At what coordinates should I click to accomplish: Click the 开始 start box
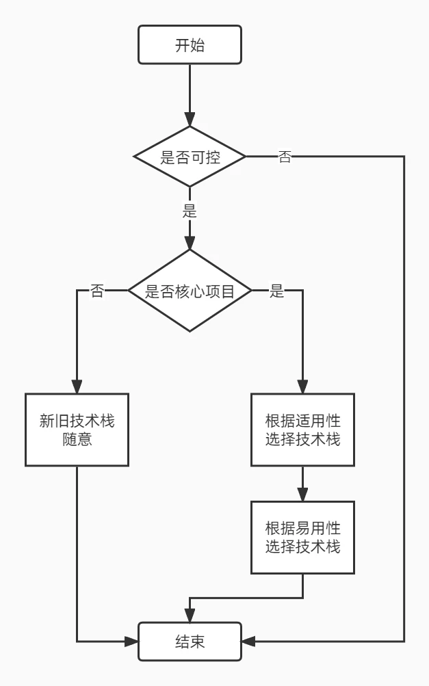click(190, 46)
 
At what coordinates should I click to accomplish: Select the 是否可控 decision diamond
click(190, 157)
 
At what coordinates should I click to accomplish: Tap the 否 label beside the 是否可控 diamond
click(284, 157)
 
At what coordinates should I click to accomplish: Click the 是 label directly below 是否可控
click(190, 211)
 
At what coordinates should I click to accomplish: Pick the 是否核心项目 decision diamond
click(190, 291)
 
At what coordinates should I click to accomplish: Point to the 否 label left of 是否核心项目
click(97, 291)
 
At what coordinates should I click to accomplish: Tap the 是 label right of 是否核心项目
click(276, 291)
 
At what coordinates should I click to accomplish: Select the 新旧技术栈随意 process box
click(77, 430)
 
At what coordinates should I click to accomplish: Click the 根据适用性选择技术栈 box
click(302, 430)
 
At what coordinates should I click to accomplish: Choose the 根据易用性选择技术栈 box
click(302, 538)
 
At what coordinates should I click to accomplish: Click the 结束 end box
click(190, 642)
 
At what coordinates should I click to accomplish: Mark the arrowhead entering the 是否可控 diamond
click(190, 120)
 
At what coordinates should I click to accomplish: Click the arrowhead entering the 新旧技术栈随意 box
click(77, 387)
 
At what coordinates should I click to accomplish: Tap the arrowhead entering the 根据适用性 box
click(302, 387)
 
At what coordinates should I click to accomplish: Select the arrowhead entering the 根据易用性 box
click(302, 495)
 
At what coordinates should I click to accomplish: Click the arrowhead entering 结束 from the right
click(248, 642)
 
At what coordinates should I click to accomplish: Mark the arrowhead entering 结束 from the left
click(132, 642)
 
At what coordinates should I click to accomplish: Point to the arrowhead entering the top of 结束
click(190, 616)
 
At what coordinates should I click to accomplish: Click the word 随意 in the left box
click(77, 439)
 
